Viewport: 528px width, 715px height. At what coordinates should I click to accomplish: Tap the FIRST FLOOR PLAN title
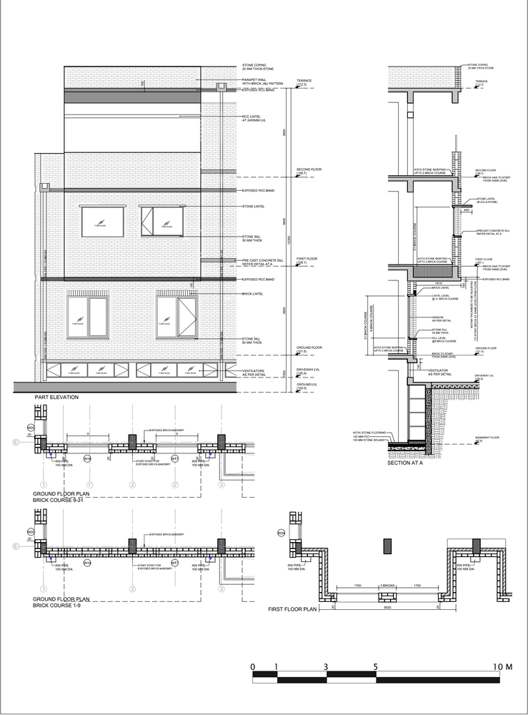click(x=292, y=609)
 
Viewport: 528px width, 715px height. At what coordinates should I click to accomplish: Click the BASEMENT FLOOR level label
click(x=487, y=438)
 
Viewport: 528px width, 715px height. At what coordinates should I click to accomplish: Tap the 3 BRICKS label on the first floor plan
click(x=387, y=586)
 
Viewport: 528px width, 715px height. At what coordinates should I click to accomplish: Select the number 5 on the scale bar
click(x=376, y=666)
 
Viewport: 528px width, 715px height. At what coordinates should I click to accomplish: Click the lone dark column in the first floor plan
click(x=387, y=546)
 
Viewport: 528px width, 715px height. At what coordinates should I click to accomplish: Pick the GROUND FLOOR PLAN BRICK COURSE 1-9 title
click(x=61, y=602)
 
